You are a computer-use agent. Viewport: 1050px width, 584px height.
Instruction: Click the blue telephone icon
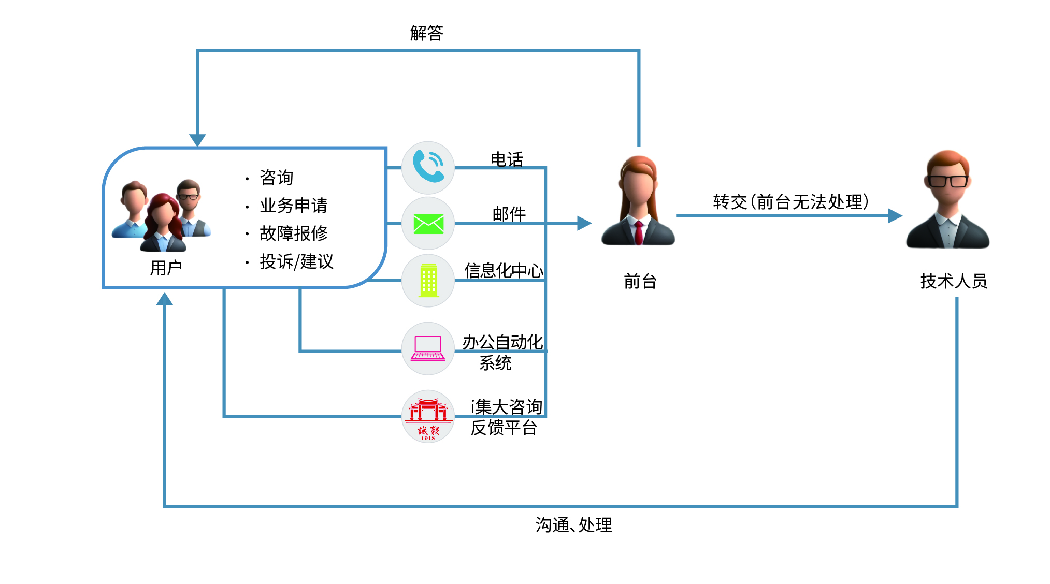tap(428, 167)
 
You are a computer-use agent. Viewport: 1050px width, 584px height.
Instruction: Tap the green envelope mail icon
tap(428, 224)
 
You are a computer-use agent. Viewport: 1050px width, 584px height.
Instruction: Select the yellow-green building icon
tap(428, 281)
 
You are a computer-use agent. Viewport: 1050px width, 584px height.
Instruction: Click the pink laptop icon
tap(428, 348)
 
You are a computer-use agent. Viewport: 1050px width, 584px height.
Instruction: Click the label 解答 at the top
tap(426, 33)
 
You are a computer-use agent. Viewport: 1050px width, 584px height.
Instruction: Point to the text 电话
tap(507, 159)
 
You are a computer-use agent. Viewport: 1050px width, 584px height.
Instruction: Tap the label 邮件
tap(509, 213)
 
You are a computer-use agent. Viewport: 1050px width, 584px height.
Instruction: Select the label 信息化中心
tap(504, 270)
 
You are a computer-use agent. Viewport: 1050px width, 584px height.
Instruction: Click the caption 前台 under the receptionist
tap(640, 281)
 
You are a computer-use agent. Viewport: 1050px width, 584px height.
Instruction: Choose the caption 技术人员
tap(953, 281)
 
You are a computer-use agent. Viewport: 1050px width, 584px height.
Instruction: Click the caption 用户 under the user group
tap(166, 268)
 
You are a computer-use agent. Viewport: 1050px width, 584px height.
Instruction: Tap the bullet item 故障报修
tap(293, 233)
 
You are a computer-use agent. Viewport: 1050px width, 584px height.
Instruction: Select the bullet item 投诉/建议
tap(296, 261)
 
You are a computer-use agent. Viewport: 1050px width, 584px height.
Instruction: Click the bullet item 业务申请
tap(293, 206)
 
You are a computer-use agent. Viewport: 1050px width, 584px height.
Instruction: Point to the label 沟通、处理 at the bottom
tap(573, 524)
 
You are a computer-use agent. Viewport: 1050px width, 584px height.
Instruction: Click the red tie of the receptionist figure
tap(639, 232)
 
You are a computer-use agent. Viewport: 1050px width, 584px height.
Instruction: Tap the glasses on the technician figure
tap(947, 181)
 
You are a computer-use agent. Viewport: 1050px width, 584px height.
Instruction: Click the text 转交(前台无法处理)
tap(790, 201)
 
